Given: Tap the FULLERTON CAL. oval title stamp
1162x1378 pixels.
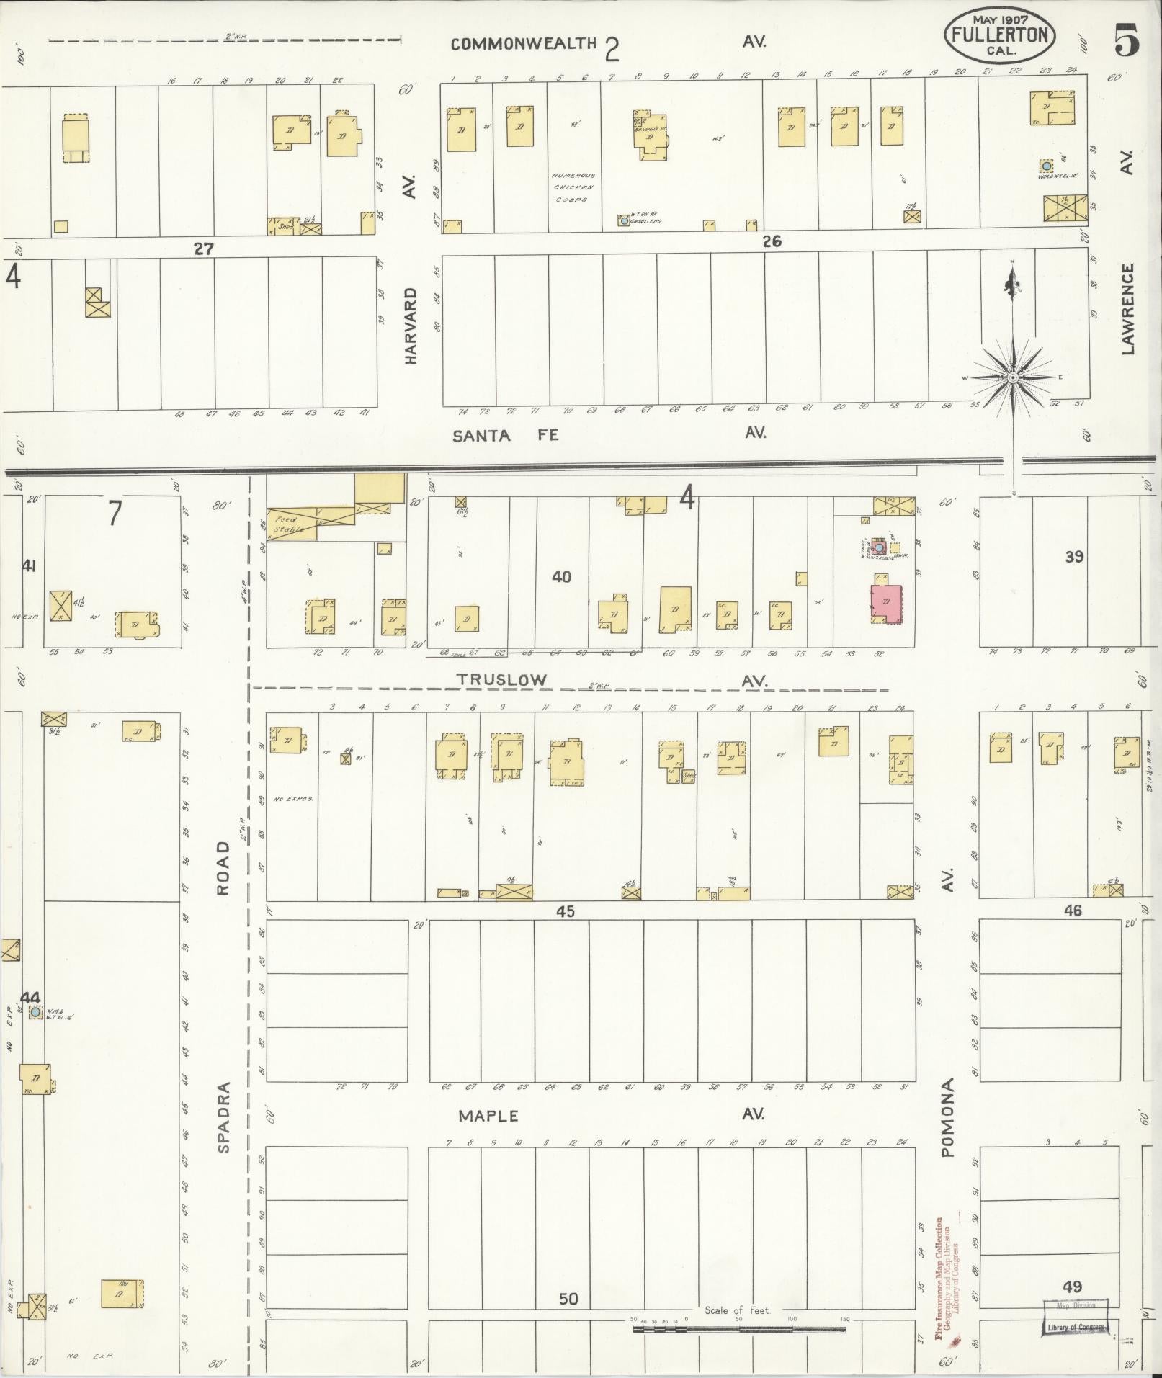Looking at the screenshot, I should tap(1000, 35).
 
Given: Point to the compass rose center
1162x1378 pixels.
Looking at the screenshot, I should tap(1013, 377).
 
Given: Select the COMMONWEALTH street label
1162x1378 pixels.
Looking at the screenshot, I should tap(524, 44).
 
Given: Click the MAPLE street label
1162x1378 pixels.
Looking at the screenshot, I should tap(488, 1116).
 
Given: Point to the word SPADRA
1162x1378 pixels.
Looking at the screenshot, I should tap(223, 1117).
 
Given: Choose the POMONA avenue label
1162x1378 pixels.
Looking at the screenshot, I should tap(947, 1117).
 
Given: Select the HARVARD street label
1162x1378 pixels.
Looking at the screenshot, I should tap(411, 326).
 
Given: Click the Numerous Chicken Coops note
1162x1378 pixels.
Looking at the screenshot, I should tap(573, 187).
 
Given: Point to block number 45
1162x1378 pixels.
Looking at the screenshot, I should tap(565, 912).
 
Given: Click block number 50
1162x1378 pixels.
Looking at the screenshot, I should tap(568, 1299).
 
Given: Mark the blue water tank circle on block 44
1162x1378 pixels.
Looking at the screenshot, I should tap(35, 1012).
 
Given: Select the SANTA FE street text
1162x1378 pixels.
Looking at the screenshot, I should tap(506, 435).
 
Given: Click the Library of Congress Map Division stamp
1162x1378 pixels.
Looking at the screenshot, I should tap(1075, 1316).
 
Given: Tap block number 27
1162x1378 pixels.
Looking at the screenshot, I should tap(204, 249).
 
